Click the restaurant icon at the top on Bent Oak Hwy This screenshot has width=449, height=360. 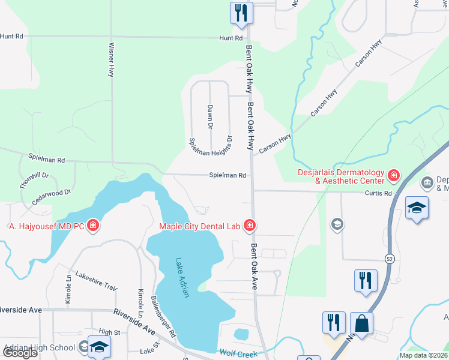pyautogui.click(x=241, y=13)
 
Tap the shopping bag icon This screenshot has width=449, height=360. pyautogui.click(x=361, y=323)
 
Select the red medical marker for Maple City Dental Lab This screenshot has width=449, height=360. pyautogui.click(x=250, y=226)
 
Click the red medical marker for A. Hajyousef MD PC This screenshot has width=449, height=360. pyautogui.click(x=93, y=226)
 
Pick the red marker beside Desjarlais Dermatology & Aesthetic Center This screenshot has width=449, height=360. pyautogui.click(x=393, y=176)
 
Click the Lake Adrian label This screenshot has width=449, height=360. pyautogui.click(x=182, y=277)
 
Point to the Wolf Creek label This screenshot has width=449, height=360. pyautogui.click(x=238, y=353)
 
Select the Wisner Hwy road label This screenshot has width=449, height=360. pyautogui.click(x=111, y=59)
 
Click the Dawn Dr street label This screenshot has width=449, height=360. pyautogui.click(x=210, y=117)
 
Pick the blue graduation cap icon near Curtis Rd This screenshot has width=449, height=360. pyautogui.click(x=417, y=208)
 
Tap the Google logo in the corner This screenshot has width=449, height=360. pyautogui.click(x=19, y=353)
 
